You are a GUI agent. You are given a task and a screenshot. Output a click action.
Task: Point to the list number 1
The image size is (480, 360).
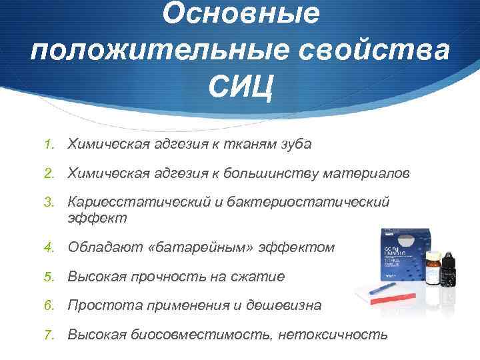click(48, 144)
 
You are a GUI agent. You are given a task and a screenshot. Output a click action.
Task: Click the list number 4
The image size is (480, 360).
click(48, 247)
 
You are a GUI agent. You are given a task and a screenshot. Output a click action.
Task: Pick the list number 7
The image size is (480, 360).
click(48, 334)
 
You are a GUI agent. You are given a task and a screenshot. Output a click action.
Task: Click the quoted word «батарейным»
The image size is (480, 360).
click(199, 247)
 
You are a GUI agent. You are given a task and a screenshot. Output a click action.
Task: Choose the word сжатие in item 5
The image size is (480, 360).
click(257, 276)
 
